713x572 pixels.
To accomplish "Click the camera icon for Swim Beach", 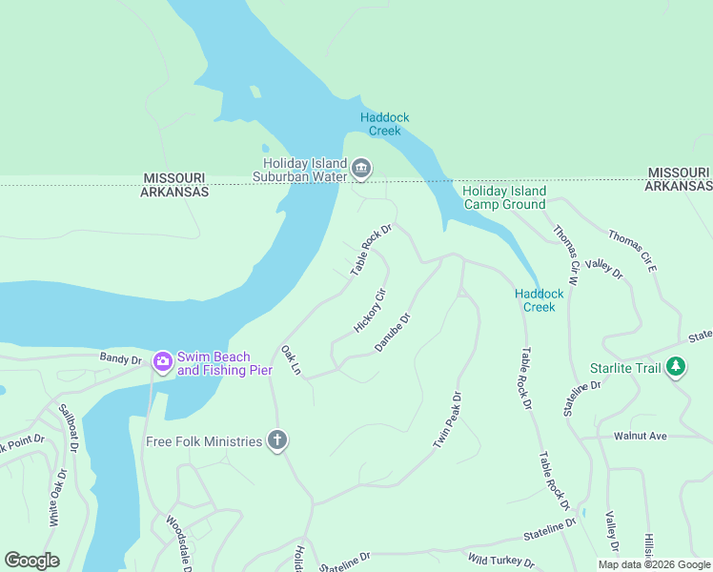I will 162,360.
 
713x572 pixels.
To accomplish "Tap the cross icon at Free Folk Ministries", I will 277,440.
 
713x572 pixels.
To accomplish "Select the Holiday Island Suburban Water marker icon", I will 361,169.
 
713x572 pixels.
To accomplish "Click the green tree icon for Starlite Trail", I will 676,366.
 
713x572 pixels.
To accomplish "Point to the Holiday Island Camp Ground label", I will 503,197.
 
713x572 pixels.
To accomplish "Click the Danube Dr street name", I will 392,332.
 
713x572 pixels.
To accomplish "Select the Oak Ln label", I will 291,360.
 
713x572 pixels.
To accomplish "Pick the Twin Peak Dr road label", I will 447,420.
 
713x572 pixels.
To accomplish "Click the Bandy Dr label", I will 120,359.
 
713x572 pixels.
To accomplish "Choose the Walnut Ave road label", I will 641,436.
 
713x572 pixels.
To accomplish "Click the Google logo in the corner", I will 31,560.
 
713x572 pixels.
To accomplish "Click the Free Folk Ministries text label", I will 204,441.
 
